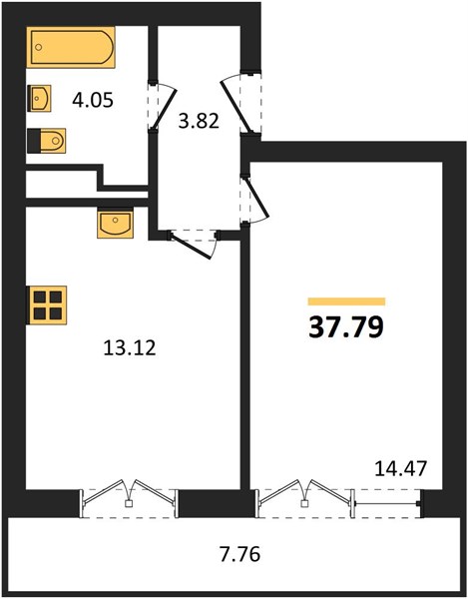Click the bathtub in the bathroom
click(x=71, y=47)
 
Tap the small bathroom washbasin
click(x=40, y=98)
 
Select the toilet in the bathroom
click(x=47, y=141)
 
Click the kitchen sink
click(x=115, y=224)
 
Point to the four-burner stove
click(x=47, y=305)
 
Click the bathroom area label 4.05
click(x=93, y=101)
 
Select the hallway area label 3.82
click(x=199, y=121)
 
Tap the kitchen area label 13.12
click(x=130, y=348)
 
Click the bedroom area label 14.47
click(x=400, y=469)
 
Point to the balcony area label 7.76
click(x=239, y=554)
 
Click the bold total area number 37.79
click(x=346, y=327)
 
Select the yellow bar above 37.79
click(x=346, y=301)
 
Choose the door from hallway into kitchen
click(x=191, y=246)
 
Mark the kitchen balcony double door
click(x=129, y=496)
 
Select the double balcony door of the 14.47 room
click(x=304, y=496)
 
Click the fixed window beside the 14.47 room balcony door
click(x=388, y=504)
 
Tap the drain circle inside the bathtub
click(x=38, y=47)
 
